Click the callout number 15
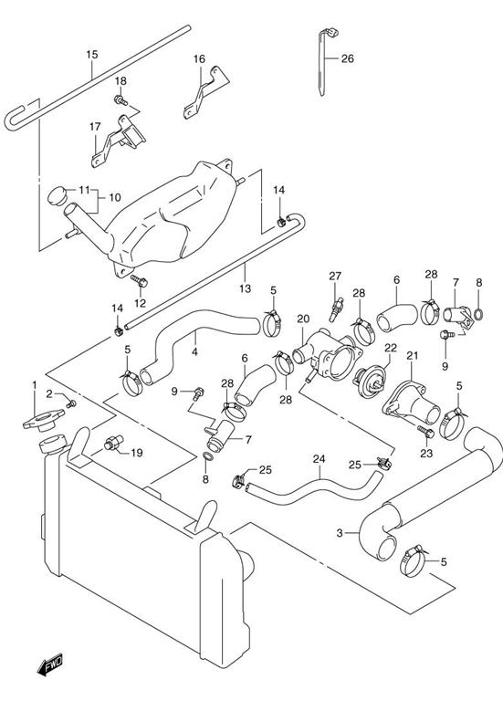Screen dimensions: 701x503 click(91, 54)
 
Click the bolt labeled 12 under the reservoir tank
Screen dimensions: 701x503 click(136, 280)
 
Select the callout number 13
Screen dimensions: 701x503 click(245, 288)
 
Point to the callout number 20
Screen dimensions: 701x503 click(304, 319)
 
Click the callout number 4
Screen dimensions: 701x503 click(194, 350)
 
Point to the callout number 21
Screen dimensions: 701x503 click(412, 355)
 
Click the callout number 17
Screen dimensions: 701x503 click(95, 128)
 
